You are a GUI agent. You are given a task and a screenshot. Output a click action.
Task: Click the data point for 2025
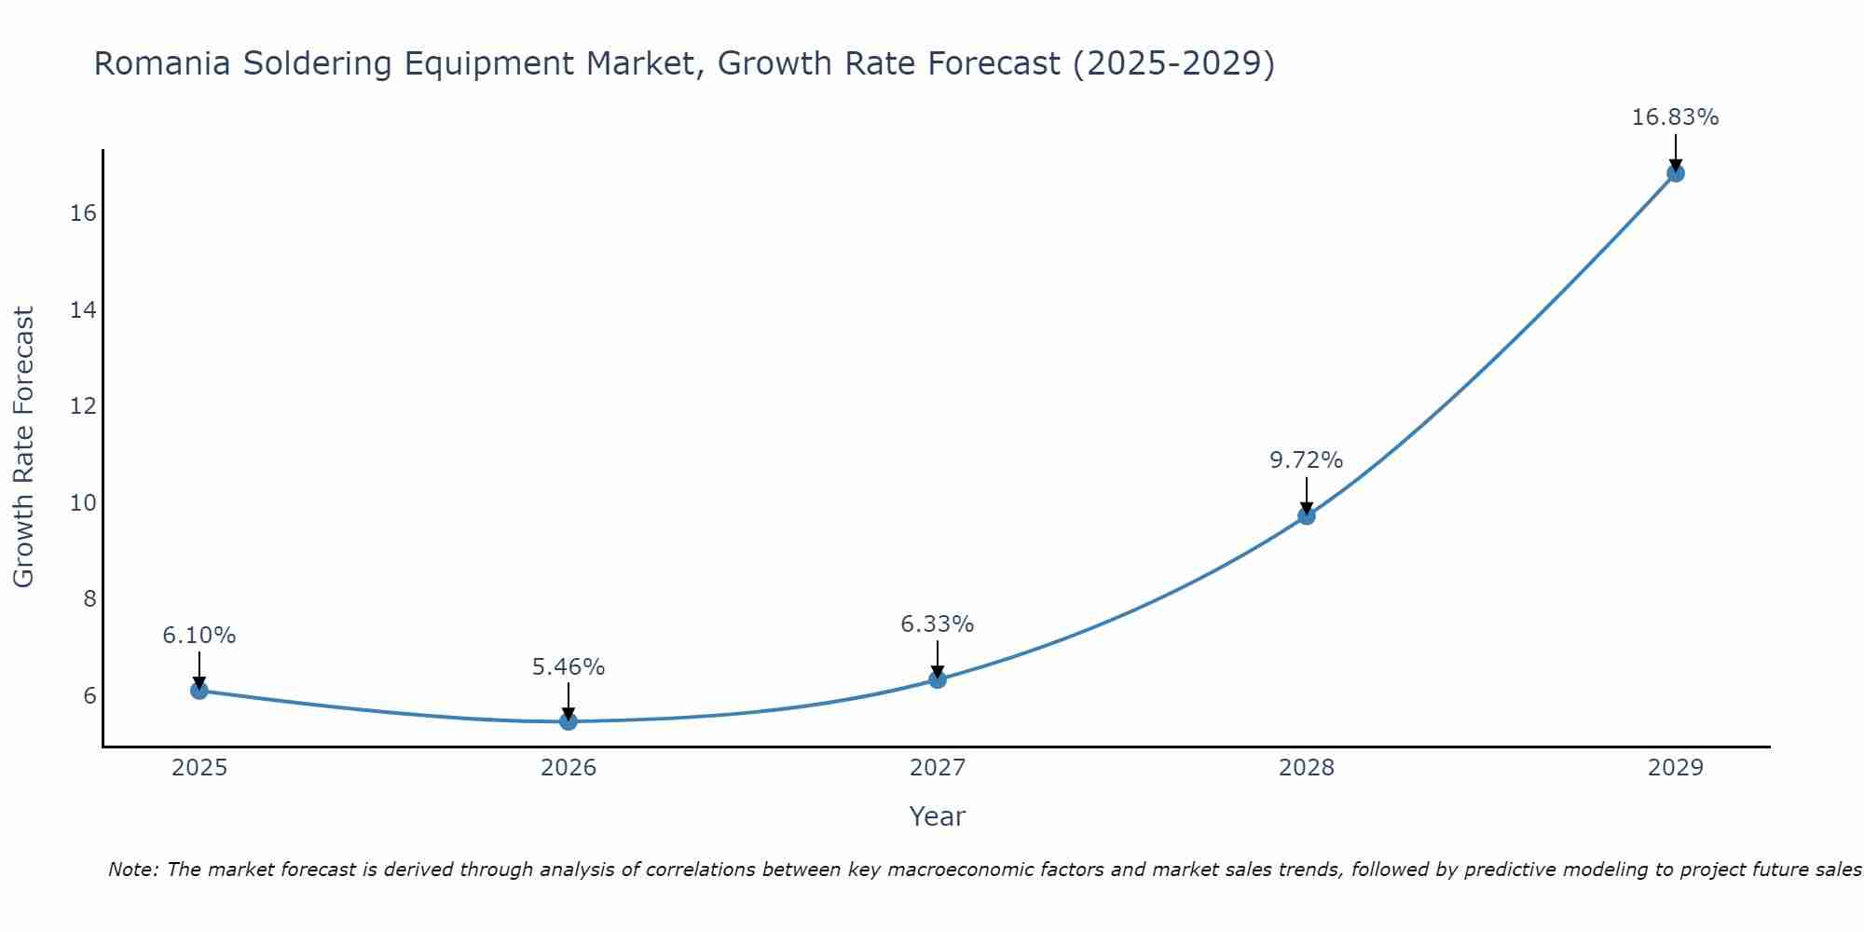[199, 691]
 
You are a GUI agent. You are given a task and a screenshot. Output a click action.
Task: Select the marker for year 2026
[569, 721]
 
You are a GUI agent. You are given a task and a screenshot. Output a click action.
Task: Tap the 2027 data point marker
[938, 679]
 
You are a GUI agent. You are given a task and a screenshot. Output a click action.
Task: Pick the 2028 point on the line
[1307, 515]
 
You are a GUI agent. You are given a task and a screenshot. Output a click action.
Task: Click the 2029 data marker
[1676, 173]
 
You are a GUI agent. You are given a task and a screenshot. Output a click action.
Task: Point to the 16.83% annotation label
[1675, 117]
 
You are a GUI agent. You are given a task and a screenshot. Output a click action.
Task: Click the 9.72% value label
[1306, 460]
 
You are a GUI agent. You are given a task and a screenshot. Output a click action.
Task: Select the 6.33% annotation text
[937, 624]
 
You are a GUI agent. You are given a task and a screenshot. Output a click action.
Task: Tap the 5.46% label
[569, 667]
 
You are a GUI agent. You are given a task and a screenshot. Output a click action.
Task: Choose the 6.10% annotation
[199, 636]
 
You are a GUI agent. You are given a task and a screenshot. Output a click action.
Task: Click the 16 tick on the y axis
[83, 213]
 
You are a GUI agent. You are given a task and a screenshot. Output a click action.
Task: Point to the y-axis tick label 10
[83, 503]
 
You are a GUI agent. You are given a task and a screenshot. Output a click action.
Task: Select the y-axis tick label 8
[89, 599]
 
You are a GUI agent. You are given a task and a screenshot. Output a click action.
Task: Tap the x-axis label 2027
[938, 768]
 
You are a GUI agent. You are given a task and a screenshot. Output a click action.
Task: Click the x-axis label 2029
[1675, 768]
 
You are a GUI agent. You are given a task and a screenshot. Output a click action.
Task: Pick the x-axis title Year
[937, 816]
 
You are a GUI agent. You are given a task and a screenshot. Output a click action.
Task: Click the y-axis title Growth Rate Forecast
[23, 447]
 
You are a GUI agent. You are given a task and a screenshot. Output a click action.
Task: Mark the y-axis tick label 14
[83, 310]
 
